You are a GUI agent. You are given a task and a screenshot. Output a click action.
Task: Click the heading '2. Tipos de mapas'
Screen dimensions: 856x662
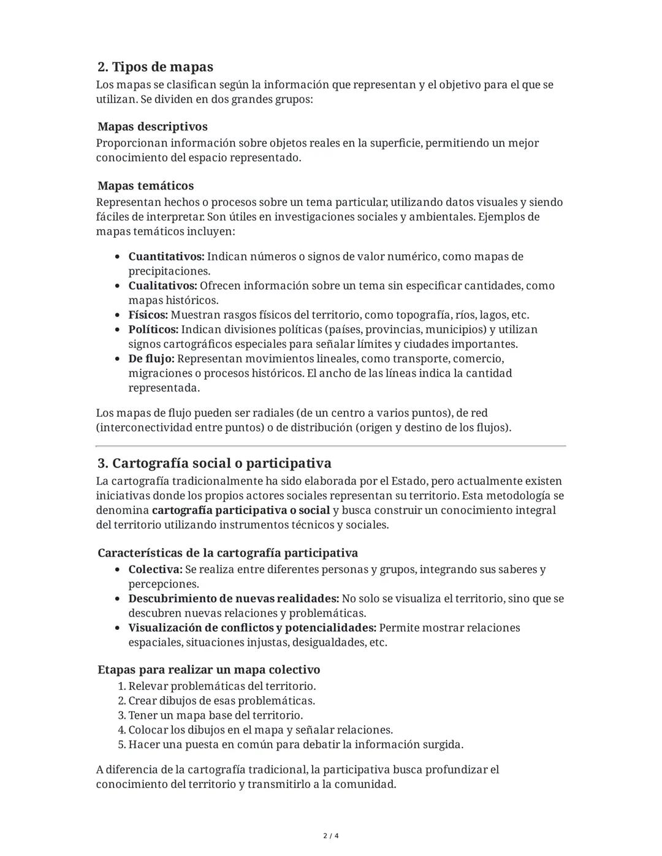[155, 67]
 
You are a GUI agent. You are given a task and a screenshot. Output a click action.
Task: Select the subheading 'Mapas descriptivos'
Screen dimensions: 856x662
[152, 127]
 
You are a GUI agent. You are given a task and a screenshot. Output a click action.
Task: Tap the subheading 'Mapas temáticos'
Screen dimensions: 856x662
[145, 186]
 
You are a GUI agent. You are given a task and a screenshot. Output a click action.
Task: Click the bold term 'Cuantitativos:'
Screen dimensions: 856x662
[166, 257]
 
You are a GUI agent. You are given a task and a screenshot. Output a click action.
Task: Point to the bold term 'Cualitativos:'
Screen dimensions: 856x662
[162, 286]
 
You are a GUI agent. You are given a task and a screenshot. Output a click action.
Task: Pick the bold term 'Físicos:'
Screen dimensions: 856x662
[148, 316]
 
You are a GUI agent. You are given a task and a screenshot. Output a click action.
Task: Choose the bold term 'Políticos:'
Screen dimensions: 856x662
[153, 330]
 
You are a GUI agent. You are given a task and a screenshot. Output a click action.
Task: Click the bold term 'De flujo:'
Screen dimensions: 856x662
[151, 359]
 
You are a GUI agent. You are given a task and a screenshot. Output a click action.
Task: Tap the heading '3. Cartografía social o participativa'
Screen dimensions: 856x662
[214, 463]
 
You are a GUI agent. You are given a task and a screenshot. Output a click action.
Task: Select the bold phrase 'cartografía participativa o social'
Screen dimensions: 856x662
[241, 510]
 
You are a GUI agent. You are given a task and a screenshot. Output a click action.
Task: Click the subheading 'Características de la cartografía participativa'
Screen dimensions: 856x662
[227, 553]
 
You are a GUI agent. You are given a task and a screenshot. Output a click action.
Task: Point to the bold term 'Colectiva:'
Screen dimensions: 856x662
[155, 570]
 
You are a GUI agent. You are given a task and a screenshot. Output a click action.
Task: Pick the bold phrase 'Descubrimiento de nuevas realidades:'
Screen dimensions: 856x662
[234, 599]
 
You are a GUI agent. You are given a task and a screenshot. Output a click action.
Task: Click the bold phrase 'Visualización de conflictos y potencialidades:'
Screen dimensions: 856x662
[252, 628]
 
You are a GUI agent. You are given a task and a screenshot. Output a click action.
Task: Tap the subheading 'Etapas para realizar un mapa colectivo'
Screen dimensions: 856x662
[208, 670]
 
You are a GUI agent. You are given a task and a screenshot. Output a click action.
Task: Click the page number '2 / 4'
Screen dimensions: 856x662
[331, 836]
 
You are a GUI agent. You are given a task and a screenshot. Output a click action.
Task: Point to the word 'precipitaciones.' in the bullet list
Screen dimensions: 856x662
[169, 271]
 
